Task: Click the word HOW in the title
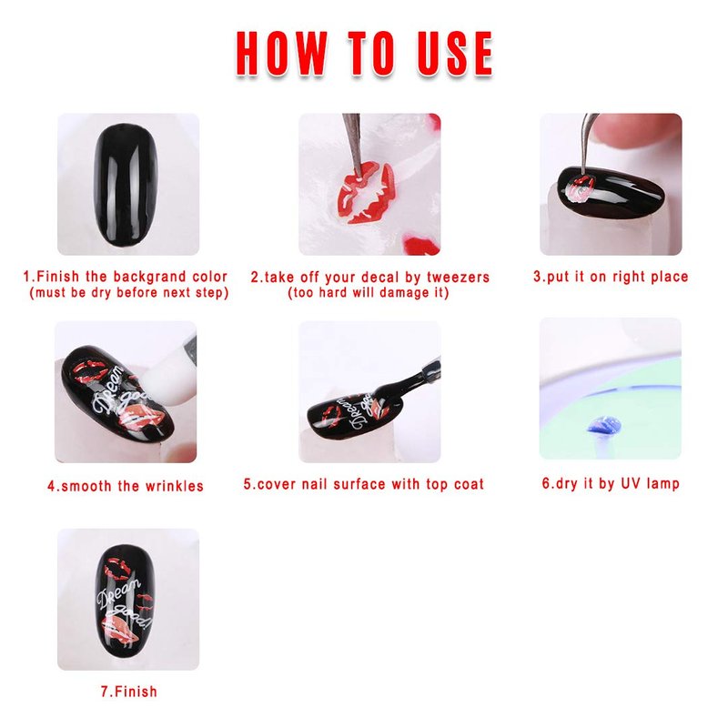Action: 281,54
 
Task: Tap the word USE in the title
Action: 454,54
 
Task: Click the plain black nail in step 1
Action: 126,185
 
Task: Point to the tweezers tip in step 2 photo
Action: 359,175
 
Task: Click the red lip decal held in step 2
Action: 367,193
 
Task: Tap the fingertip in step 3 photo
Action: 636,135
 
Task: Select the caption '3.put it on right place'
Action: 611,277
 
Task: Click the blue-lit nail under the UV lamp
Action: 603,426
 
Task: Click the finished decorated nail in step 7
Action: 126,601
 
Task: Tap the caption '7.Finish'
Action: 129,692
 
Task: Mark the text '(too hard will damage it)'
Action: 369,293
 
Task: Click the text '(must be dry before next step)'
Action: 128,293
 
